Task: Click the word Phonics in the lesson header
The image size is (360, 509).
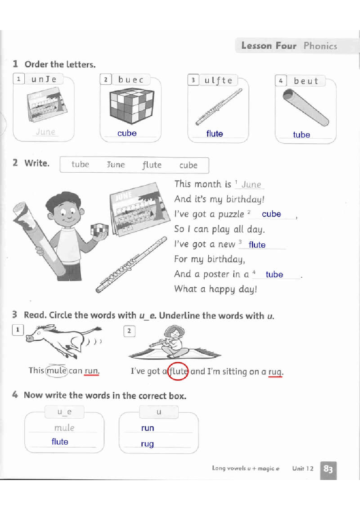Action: (320, 46)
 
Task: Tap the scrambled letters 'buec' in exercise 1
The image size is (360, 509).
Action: (131, 80)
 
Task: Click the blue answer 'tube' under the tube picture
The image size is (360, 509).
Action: (301, 135)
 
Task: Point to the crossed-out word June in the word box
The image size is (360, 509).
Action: (116, 164)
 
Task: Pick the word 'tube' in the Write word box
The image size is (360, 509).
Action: (80, 164)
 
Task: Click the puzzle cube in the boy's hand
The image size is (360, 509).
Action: (99, 230)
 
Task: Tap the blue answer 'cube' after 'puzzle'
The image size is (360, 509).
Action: (271, 214)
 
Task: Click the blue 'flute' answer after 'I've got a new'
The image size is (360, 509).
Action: (257, 245)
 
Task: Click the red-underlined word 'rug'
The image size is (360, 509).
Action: (275, 372)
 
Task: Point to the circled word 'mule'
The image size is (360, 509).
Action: (57, 371)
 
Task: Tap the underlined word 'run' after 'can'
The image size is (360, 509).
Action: (91, 371)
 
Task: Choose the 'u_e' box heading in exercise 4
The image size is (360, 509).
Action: (65, 412)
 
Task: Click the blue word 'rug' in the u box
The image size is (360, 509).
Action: (147, 444)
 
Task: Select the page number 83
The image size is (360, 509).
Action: (328, 469)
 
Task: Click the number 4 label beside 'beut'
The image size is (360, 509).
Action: (281, 81)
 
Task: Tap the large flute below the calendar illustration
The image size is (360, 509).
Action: (131, 265)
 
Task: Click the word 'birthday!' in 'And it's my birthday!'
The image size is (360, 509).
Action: (245, 199)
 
